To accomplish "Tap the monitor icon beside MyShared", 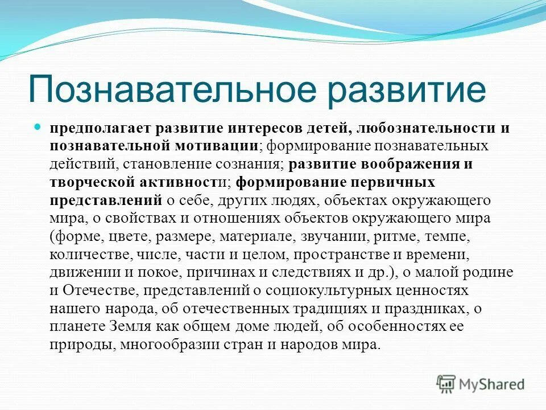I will click(446, 384).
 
